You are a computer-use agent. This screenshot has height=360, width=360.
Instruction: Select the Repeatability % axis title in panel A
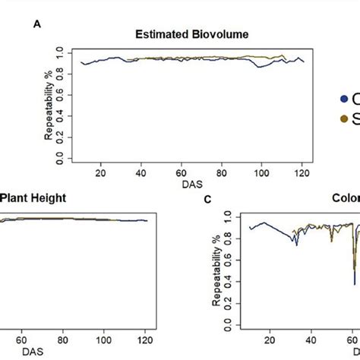point(49,107)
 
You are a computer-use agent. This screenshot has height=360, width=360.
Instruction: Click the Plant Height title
point(33,198)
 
